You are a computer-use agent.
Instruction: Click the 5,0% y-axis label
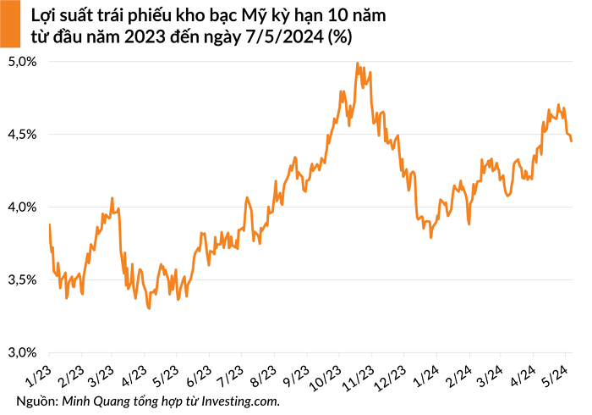[23, 62]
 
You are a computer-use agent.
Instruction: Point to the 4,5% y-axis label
[23, 135]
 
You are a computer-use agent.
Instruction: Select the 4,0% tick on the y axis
[23, 207]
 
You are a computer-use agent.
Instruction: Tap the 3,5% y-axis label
[23, 279]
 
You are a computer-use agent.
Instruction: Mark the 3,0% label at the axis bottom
[23, 352]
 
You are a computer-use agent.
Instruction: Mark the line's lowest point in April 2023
[150, 308]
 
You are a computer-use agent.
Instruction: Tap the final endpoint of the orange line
[572, 141]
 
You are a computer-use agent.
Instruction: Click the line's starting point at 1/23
[50, 224]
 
